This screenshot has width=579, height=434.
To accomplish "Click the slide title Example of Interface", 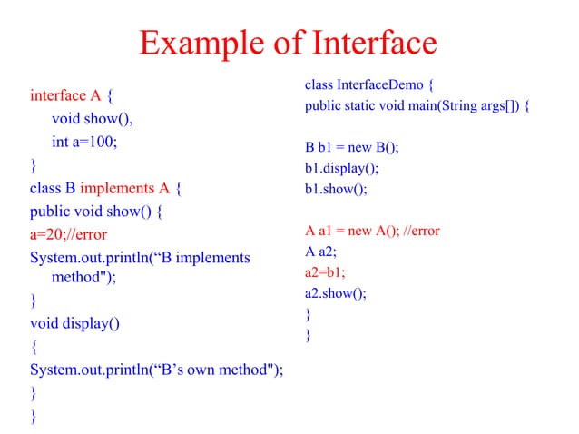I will coord(289,42).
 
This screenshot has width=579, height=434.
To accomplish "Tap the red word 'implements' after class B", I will coord(118,189).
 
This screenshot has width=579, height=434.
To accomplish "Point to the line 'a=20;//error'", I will coord(69,235).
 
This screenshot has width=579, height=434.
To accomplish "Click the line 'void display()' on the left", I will coord(74,323).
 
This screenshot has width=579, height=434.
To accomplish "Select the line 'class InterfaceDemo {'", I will coord(371,86).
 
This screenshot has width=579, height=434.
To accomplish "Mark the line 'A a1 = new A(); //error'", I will coord(372,231).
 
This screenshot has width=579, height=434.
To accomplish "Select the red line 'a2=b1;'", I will coord(327,271).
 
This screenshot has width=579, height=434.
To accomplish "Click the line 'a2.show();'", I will coord(337,292).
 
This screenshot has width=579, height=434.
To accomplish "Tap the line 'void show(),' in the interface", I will coord(93,119).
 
